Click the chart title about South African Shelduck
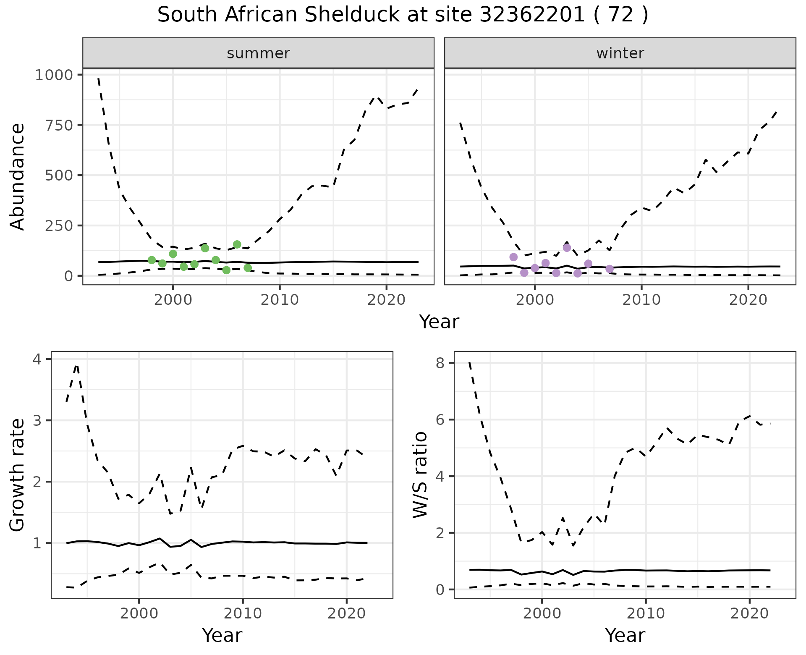coord(403,16)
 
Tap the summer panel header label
coord(258,53)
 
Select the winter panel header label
coord(620,53)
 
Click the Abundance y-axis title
coord(18,176)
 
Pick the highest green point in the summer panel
coord(237,244)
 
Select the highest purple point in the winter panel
coord(567,248)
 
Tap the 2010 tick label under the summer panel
coord(280,300)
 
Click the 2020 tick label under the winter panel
coord(748,300)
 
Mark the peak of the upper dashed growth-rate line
coord(76,365)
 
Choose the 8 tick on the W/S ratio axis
coord(440,363)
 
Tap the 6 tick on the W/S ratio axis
coord(440,420)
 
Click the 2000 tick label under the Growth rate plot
coord(139,614)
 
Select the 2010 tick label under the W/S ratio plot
coord(646,614)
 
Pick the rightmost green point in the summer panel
coord(248,268)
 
